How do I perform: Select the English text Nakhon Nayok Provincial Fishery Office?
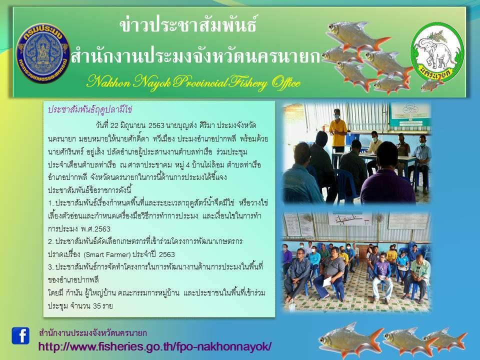point(193,82)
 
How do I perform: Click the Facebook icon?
point(20,335)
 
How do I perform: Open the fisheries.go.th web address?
point(155,346)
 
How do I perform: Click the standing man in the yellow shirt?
point(338,127)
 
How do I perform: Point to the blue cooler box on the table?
point(354,138)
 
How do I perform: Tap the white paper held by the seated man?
point(327,281)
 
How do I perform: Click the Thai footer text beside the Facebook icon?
point(93,332)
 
